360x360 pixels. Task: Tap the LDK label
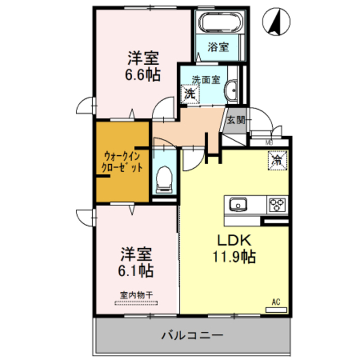[233, 240]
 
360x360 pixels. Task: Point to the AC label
[276, 302]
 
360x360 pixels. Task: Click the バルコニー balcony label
[192, 335]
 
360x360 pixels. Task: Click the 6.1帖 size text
[135, 271]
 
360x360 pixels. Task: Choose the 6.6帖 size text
[142, 74]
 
